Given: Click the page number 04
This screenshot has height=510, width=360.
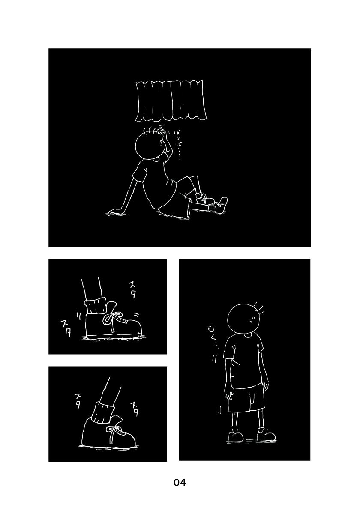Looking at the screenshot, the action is click(x=180, y=482).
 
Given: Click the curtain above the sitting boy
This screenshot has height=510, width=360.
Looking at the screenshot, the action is click(x=171, y=101).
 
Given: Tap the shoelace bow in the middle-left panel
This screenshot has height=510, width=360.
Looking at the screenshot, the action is click(x=113, y=321).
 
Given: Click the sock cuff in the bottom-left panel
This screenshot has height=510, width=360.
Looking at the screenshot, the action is click(x=104, y=412).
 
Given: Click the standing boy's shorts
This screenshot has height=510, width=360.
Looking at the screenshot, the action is click(x=246, y=398).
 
